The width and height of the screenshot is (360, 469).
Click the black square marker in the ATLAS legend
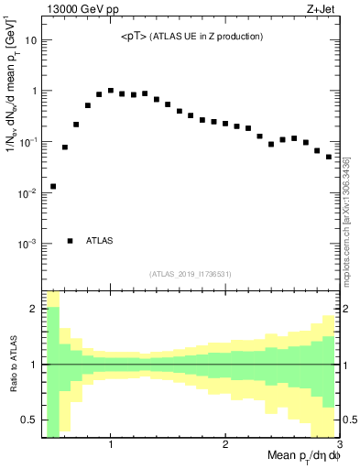71,241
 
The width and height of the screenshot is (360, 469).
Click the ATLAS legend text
100,241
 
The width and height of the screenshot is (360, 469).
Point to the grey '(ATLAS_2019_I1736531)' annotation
190,274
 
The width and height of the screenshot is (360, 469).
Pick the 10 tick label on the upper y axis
29,40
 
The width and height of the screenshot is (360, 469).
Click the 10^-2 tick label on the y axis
27,193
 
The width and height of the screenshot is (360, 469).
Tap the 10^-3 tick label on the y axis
27,245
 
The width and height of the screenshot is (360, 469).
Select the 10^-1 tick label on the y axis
27,142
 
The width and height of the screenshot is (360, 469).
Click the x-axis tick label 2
225,445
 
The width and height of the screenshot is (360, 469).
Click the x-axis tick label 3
338,445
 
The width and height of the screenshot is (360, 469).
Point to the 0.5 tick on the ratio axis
29,420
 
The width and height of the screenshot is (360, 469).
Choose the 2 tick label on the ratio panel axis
33,309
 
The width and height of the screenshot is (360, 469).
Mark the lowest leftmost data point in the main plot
53,186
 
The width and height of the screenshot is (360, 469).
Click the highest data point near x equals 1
110,91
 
